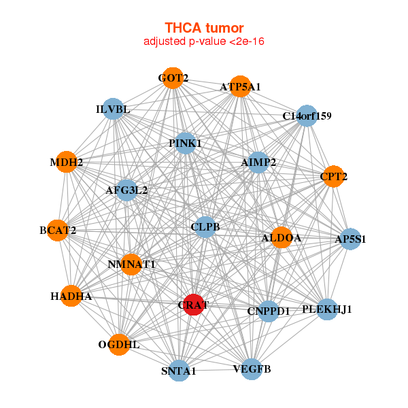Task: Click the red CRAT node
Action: pyautogui.click(x=193, y=305)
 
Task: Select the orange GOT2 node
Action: pyautogui.click(x=173, y=78)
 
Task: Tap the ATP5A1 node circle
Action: pyautogui.click(x=241, y=86)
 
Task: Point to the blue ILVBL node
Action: pyautogui.click(x=113, y=109)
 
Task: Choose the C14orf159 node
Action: pyautogui.click(x=307, y=116)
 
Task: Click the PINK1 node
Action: pyautogui.click(x=185, y=143)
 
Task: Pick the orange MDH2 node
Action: pyautogui.click(x=67, y=162)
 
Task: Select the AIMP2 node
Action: pyautogui.click(x=258, y=163)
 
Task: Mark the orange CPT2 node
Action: pyautogui.click(x=333, y=176)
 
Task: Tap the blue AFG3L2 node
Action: pyautogui.click(x=126, y=190)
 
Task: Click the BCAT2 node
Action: pyautogui.click(x=58, y=231)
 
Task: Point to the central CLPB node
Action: pyautogui.click(x=205, y=227)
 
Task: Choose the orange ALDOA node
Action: pyautogui.click(x=282, y=237)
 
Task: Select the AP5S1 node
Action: pyautogui.click(x=350, y=239)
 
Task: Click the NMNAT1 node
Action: pyautogui.click(x=131, y=265)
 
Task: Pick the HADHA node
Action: pyautogui.click(x=71, y=296)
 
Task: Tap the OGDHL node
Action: pyautogui.click(x=119, y=345)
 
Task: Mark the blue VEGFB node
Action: pyautogui.click(x=252, y=369)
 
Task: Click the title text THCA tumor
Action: pyautogui.click(x=204, y=28)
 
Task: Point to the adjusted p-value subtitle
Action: pyautogui.click(x=204, y=41)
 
